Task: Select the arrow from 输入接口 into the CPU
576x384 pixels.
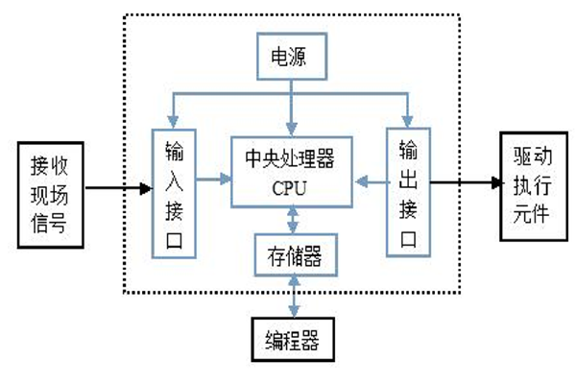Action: point(213,179)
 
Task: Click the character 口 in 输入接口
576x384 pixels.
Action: point(174,236)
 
